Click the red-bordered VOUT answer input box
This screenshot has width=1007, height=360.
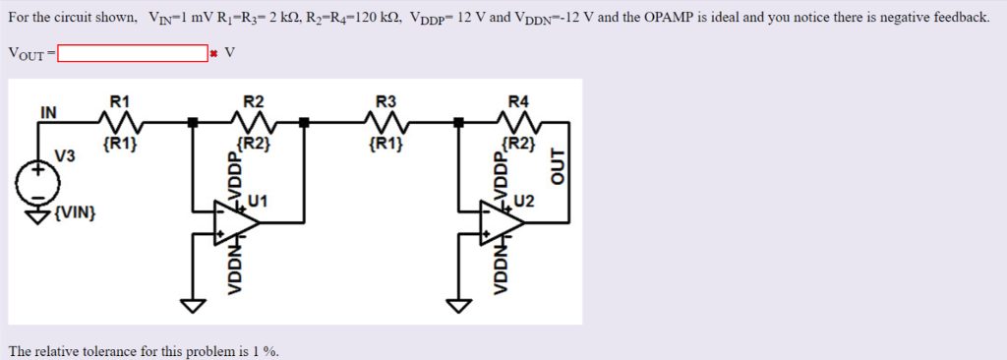133,53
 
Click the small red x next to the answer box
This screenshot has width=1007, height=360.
212,54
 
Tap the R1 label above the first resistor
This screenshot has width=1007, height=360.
120,101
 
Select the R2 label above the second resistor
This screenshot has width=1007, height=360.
253,101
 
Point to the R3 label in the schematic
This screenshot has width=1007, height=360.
386,101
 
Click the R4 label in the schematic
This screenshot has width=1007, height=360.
518,101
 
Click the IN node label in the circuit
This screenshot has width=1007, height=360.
47,112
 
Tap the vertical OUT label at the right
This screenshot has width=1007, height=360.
561,168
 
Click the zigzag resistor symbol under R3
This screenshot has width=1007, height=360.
386,123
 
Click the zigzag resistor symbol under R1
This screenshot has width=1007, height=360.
120,123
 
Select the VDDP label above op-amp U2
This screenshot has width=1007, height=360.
499,174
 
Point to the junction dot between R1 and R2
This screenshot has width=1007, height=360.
193,123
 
